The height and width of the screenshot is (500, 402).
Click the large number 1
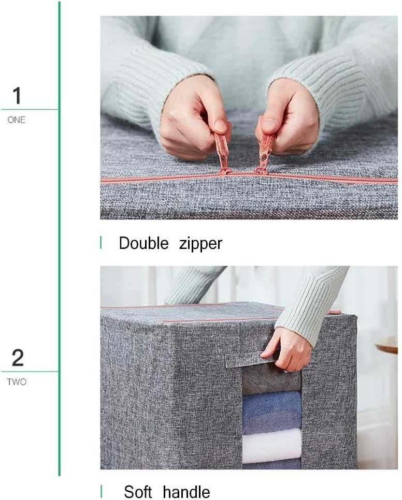pos(17,96)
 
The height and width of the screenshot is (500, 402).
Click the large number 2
pos(17,358)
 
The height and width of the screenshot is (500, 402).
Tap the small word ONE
pos(17,120)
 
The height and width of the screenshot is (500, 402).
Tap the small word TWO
pos(17,382)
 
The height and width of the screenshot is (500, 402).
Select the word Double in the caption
pos(143,243)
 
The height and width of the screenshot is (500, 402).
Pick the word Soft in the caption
pos(138,491)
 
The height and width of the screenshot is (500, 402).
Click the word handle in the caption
pos(186,491)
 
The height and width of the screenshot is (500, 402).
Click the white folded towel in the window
pos(271,446)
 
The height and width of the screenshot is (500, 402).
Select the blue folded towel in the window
pos(271,411)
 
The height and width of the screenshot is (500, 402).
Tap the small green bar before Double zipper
pos(101,242)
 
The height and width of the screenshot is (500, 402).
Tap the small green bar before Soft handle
pos(101,491)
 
